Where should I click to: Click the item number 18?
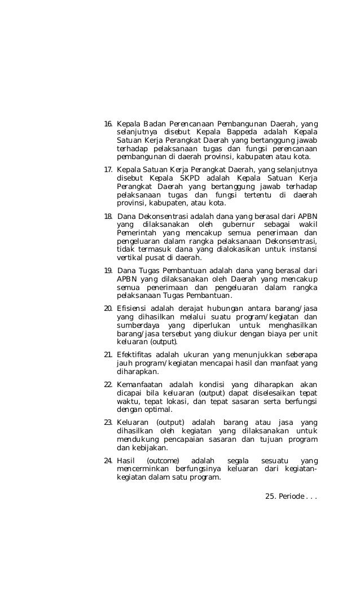[x=108, y=217]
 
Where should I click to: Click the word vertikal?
[x=129, y=257]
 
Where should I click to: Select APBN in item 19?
[x=128, y=279]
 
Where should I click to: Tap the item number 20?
[x=108, y=309]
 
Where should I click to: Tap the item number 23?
[x=108, y=423]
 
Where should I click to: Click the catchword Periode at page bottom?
[x=288, y=497]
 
